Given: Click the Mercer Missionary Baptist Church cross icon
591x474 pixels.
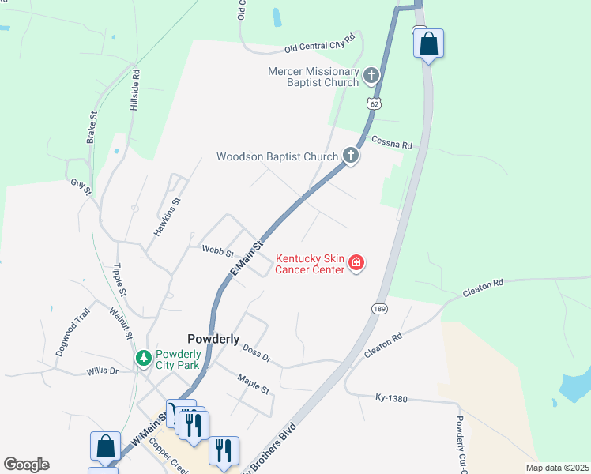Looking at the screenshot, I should [x=371, y=77].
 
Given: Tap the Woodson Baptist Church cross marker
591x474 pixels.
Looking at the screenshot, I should [x=351, y=156].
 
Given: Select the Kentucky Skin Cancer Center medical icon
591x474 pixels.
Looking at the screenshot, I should [x=356, y=262].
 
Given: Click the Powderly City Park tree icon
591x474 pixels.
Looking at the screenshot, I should [x=143, y=359].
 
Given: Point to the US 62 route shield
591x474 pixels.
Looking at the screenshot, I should [x=374, y=103].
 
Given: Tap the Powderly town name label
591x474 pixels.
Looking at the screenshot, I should [x=213, y=338].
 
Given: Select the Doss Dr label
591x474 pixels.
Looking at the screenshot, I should [x=257, y=353].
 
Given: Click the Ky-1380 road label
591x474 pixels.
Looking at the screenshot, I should [x=391, y=398].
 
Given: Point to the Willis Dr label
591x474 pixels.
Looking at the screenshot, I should [x=103, y=370].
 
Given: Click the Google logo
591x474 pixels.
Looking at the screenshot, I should [x=26, y=465].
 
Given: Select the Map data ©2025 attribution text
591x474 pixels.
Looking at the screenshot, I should [x=557, y=468].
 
